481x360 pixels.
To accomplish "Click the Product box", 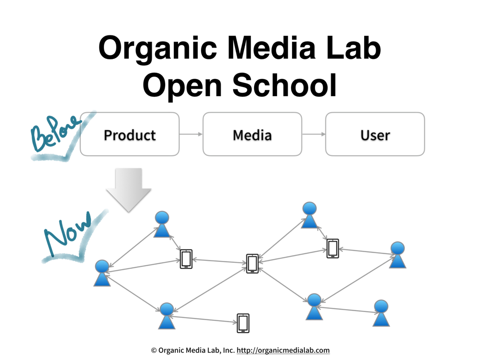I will tap(130, 135).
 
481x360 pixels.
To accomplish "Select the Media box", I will tap(252, 135).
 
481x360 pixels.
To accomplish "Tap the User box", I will tap(375, 135).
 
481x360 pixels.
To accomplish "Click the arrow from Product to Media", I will tap(191, 135).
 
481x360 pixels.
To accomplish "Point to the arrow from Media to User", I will tap(313, 135).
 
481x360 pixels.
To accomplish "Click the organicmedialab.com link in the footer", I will tap(283, 350).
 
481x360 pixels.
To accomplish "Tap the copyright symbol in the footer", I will tap(154, 350).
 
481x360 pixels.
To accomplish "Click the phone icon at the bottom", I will tap(243, 323).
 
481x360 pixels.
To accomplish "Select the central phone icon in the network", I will tap(252, 263).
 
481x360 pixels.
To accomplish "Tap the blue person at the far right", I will tap(397, 255).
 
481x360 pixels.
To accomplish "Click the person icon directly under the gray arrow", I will tap(162, 224).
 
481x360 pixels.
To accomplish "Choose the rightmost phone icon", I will tap(333, 248).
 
